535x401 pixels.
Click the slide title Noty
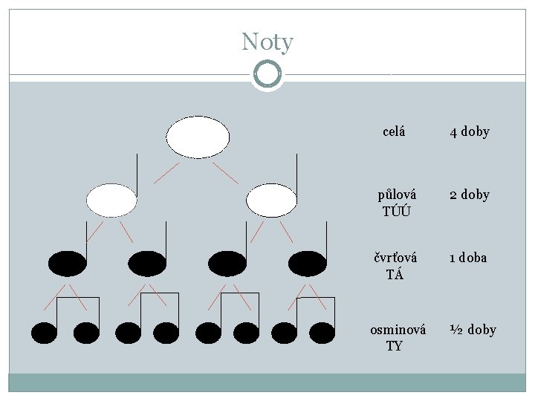click(x=267, y=42)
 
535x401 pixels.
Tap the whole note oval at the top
click(x=198, y=137)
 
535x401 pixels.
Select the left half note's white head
click(x=111, y=200)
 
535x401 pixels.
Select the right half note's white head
click(x=271, y=200)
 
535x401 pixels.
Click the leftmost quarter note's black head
click(x=67, y=262)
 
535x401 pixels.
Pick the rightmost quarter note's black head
click(x=308, y=262)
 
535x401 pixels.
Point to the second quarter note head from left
click(x=147, y=262)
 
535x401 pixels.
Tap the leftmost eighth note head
click(x=45, y=333)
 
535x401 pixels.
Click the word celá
click(x=394, y=132)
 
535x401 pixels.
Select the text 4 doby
click(x=469, y=132)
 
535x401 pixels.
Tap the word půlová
click(x=397, y=194)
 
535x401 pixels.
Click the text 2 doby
click(x=469, y=195)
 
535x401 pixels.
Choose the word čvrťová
click(x=395, y=257)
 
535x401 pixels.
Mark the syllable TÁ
click(x=395, y=273)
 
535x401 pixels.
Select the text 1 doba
click(x=467, y=258)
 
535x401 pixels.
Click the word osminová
click(x=398, y=330)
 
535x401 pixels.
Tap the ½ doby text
click(x=472, y=330)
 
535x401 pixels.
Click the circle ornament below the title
click(x=267, y=74)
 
